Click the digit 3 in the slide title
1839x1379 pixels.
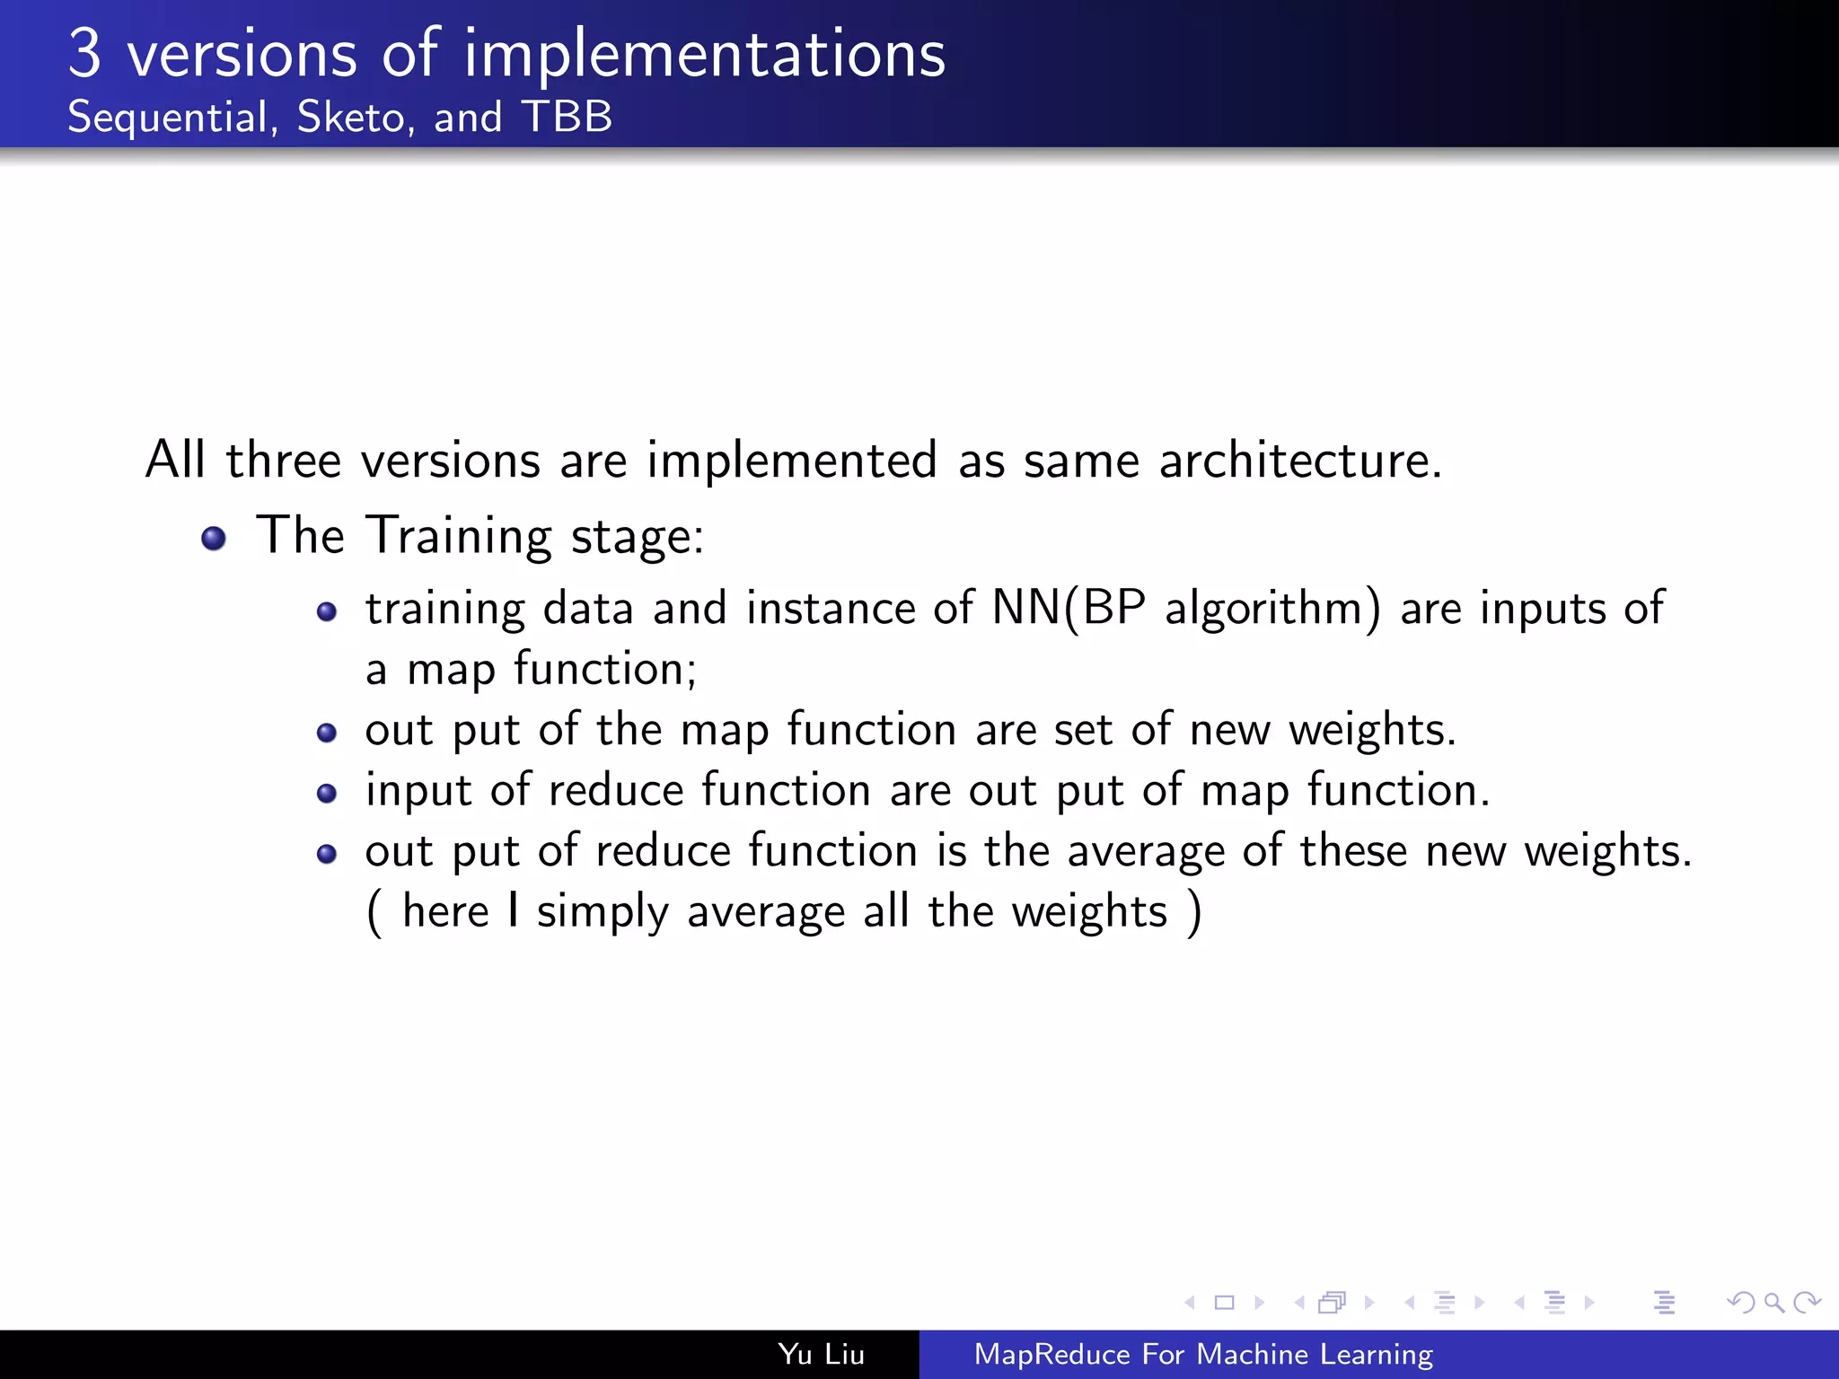point(85,54)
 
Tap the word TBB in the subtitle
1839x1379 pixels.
point(568,117)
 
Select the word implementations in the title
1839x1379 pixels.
point(705,56)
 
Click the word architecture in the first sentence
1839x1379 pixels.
point(1299,461)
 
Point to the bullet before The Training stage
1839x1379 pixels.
point(214,539)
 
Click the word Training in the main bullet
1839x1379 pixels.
point(460,537)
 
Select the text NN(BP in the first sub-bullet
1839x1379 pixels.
point(1069,609)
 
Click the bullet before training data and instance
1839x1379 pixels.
point(327,613)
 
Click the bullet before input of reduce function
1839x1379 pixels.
point(327,794)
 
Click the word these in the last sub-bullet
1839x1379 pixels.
point(1353,851)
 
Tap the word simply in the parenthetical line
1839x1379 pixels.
point(603,913)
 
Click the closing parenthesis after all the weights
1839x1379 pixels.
point(1193,913)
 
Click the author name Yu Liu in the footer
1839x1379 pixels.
point(821,1354)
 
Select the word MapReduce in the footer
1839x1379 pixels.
point(1051,1354)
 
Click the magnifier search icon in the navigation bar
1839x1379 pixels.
point(1773,1303)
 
